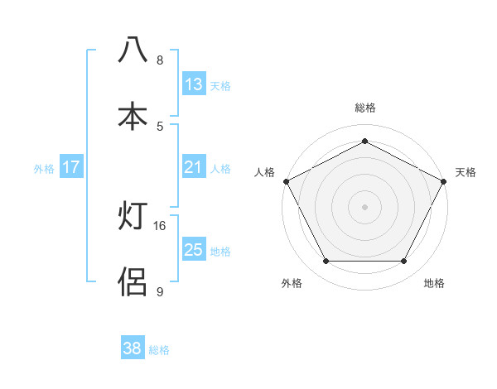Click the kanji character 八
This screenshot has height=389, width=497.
[133, 50]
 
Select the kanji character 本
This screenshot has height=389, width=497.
[133, 115]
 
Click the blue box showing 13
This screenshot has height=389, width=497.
[194, 84]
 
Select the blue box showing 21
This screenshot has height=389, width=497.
[194, 167]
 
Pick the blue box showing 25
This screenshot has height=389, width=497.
[194, 249]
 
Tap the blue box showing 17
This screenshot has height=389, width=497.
[71, 167]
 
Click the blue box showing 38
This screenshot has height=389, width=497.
[133, 348]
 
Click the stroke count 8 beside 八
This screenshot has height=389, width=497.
[160, 60]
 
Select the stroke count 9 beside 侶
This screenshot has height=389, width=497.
[160, 291]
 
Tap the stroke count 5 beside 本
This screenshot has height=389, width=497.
[160, 126]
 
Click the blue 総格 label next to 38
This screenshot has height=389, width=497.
[160, 350]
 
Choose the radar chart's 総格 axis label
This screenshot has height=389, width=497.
[365, 108]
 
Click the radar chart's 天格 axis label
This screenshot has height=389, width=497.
[466, 172]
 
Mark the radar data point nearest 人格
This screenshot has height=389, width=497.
[286, 180]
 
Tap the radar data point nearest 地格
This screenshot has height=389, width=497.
[404, 262]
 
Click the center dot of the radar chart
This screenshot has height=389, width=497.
[365, 206]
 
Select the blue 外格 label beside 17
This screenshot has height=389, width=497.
[44, 169]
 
